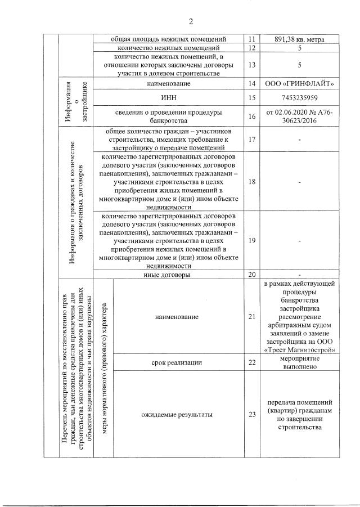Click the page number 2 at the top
coord(191,22)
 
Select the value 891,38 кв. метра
coord(300,40)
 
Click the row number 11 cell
coord(251,40)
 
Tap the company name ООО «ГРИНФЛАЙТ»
coord(300,84)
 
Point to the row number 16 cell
coord(251,116)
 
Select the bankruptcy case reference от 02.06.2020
coord(300,116)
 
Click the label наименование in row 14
coord(169,84)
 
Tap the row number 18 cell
coord(251,182)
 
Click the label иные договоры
coord(169,275)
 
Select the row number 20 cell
coord(251,275)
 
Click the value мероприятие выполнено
coord(300,362)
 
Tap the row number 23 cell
coord(251,415)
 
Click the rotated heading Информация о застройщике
coord(76,102)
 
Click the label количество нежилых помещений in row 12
coord(169,49)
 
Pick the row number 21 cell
coord(251,317)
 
